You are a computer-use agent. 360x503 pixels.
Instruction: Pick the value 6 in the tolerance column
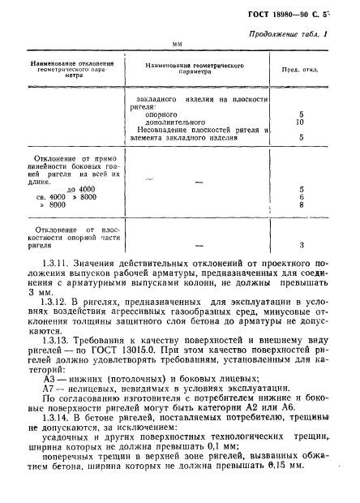coord(302,197)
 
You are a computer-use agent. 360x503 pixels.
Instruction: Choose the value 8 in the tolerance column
coord(302,206)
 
